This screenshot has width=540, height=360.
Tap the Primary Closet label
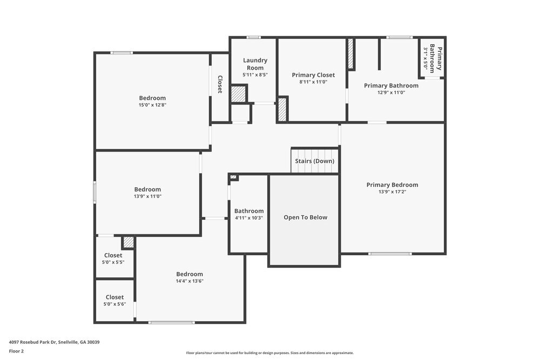click(x=313, y=75)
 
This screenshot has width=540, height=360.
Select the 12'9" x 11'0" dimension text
click(x=391, y=93)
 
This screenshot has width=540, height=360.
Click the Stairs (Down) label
click(x=314, y=161)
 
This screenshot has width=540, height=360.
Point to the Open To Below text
click(x=305, y=218)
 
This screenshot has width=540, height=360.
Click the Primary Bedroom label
click(x=392, y=185)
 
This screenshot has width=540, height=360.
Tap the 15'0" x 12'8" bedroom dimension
click(x=152, y=105)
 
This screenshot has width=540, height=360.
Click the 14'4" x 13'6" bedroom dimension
click(x=189, y=281)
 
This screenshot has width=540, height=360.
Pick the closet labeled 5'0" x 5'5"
click(x=113, y=259)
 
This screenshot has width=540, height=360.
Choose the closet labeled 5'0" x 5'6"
click(x=114, y=301)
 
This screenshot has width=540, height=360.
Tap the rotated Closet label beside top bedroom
click(x=220, y=84)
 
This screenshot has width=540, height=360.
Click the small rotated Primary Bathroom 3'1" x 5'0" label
click(x=432, y=58)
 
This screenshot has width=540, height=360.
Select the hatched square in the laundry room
click(x=238, y=94)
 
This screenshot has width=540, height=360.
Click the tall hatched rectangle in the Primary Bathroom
click(x=350, y=54)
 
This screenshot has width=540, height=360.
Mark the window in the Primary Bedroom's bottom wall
click(x=390, y=254)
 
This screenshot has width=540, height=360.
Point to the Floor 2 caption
click(x=16, y=351)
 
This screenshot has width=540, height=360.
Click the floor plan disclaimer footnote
click(x=271, y=352)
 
